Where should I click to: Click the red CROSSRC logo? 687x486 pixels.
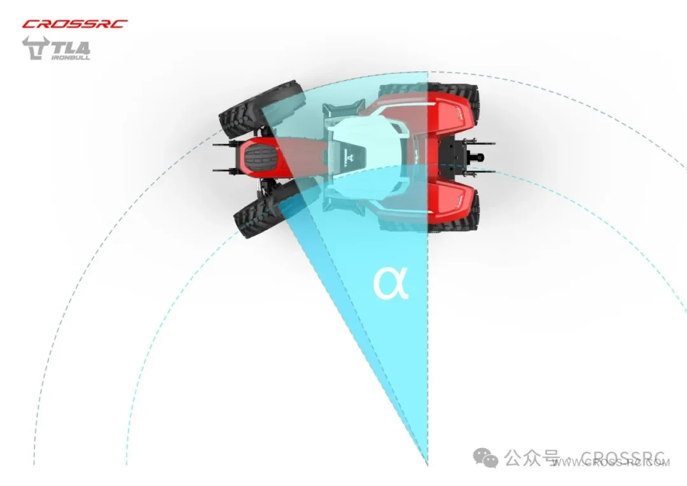(x=74, y=24)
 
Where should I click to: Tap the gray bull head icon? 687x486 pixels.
(x=33, y=48)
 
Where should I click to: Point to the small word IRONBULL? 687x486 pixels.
(x=70, y=57)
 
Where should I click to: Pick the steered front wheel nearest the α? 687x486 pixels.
(x=261, y=210)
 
